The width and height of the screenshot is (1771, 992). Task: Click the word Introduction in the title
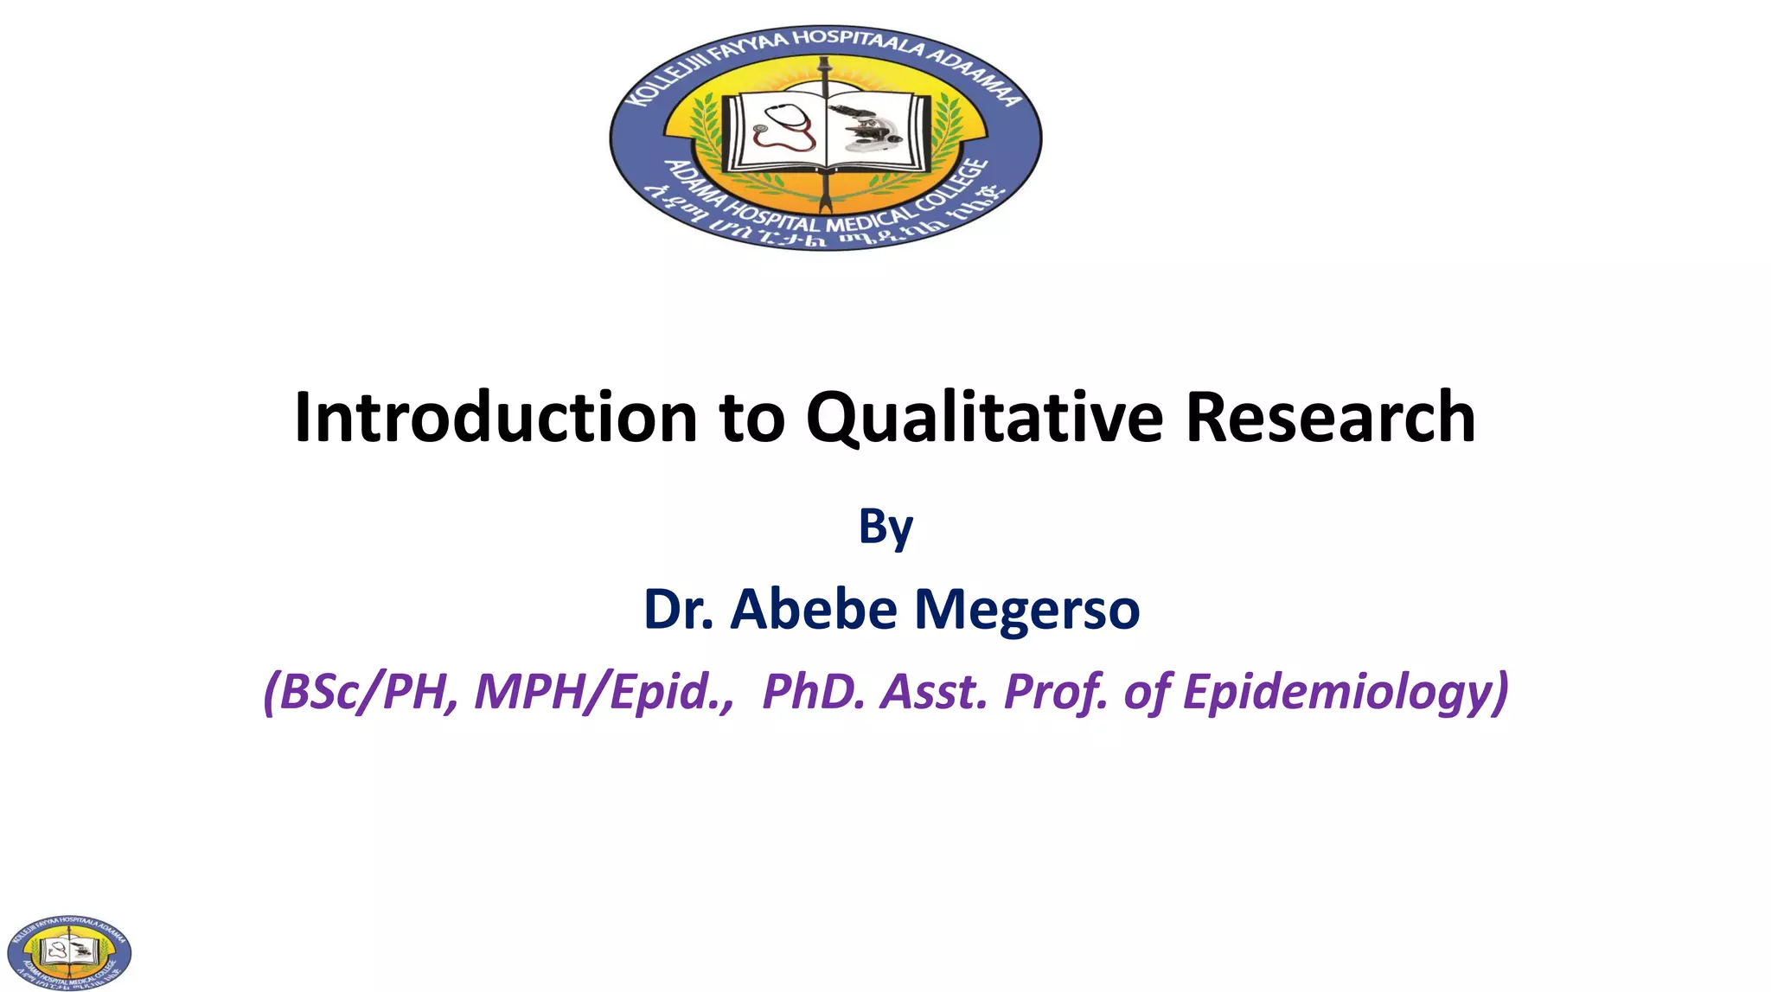495,418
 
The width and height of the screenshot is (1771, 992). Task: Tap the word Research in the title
1330,418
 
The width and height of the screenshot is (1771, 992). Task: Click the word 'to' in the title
751,418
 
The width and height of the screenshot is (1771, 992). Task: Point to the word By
885,527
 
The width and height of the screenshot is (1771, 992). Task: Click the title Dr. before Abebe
679,609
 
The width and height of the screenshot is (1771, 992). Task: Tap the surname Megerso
1026,609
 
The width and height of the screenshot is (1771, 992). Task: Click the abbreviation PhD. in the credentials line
812,692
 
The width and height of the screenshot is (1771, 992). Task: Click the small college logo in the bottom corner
69,952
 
